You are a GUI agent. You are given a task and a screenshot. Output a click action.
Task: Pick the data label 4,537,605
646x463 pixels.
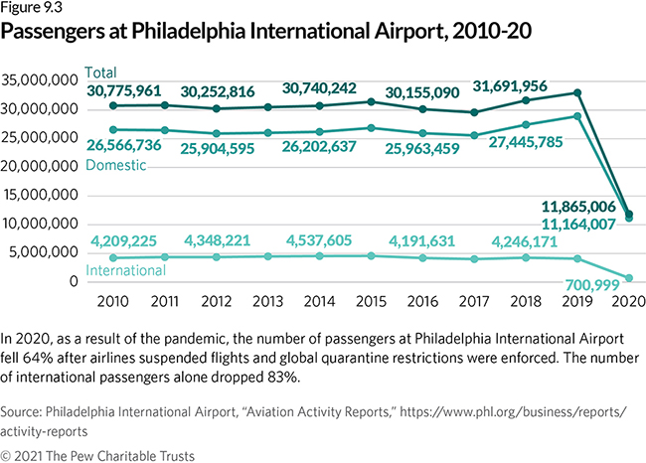click(323, 239)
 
